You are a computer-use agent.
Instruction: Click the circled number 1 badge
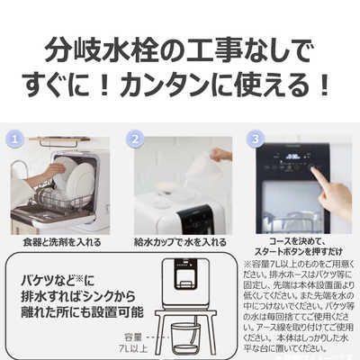(x=15, y=140)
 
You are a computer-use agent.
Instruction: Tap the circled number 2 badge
(x=136, y=140)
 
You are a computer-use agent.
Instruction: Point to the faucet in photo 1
(x=17, y=171)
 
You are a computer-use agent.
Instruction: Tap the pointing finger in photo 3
(x=329, y=194)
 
